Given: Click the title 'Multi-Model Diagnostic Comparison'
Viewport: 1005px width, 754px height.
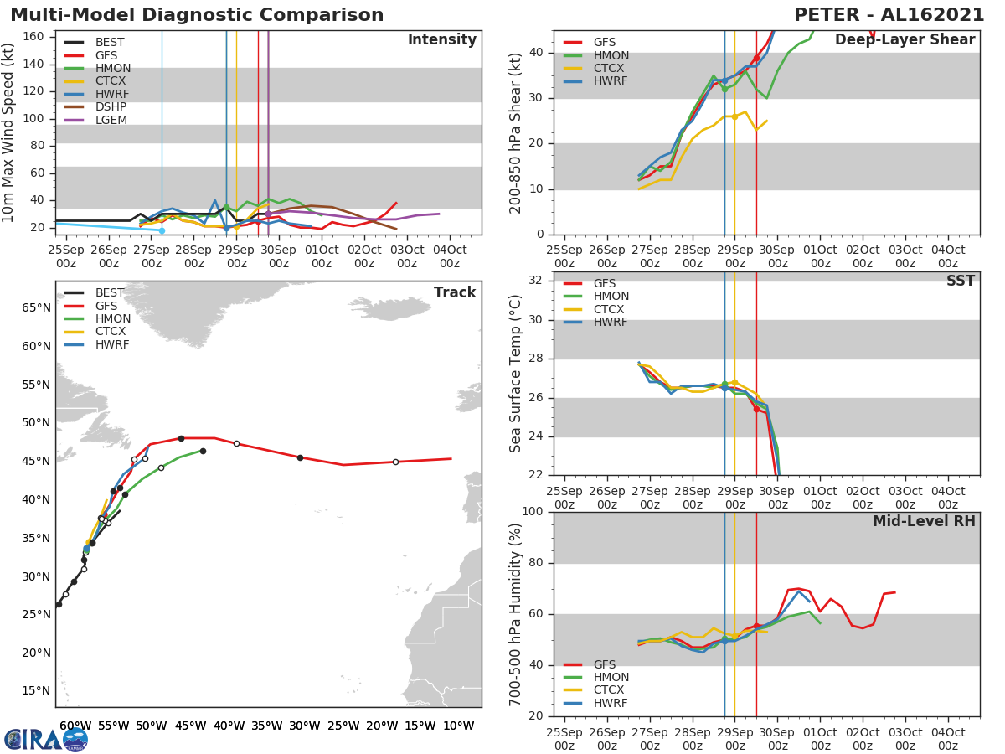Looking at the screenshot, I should tap(197, 15).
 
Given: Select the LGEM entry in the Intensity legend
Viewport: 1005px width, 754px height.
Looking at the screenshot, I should tap(110, 121).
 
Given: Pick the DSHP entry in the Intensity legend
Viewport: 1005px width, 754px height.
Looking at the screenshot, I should tap(111, 107).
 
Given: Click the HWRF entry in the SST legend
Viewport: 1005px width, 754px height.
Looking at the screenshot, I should tap(610, 323).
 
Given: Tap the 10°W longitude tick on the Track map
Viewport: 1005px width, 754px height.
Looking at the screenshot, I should tap(458, 726).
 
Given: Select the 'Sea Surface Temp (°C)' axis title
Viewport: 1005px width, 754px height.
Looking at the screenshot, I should tap(516, 374).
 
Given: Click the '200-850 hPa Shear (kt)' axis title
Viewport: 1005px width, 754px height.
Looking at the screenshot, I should tap(516, 132).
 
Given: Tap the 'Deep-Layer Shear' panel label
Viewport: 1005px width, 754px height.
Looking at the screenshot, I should tap(904, 40).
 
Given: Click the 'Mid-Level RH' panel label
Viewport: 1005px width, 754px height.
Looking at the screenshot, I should tap(924, 521).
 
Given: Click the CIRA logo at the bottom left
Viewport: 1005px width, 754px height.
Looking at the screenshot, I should tap(46, 739).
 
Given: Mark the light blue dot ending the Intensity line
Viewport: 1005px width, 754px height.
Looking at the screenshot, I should tap(162, 230).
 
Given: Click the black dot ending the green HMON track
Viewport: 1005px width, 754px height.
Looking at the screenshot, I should tap(203, 451).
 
